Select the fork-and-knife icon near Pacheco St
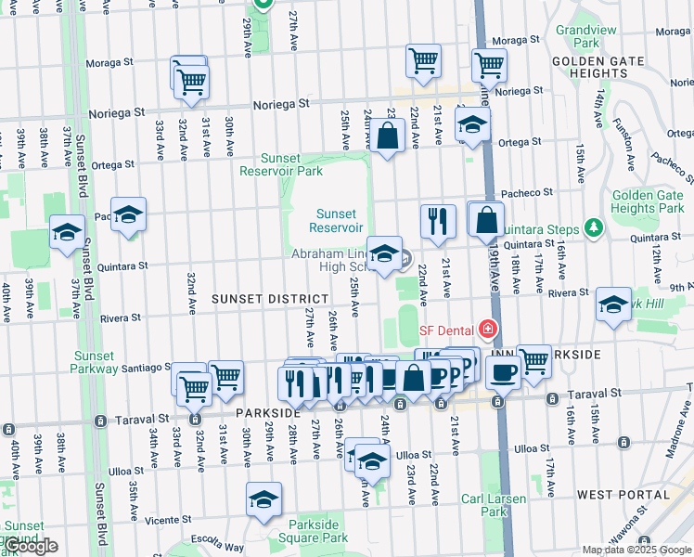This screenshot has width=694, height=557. [x=438, y=221]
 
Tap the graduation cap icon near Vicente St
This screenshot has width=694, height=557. [x=264, y=499]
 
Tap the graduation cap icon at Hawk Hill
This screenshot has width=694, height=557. [x=613, y=304]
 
